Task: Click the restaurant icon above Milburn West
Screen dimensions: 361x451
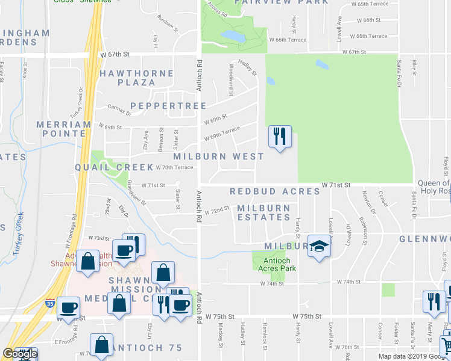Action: pos(279,137)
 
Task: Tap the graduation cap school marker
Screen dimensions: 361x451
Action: pos(319,246)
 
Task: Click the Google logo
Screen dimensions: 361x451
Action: pos(20,354)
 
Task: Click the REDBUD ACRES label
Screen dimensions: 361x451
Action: pos(274,191)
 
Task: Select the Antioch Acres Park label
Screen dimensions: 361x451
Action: pos(277,265)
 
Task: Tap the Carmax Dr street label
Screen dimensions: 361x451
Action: pos(119,112)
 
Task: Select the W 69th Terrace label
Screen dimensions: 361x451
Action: pos(221,134)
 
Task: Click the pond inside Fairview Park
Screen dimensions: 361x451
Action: pos(233,37)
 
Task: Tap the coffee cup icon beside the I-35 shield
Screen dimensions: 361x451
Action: pos(68,307)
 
